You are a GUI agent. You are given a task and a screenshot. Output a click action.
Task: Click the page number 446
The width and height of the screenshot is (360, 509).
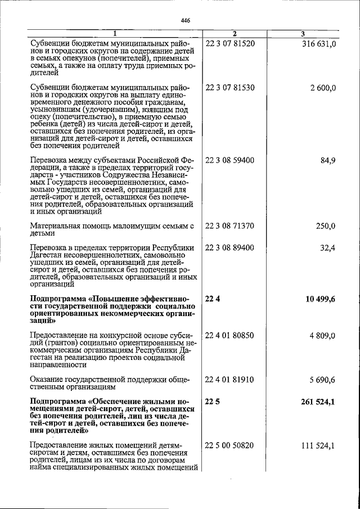(186, 21)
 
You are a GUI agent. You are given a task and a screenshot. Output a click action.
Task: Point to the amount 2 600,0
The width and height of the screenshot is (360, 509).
(322, 88)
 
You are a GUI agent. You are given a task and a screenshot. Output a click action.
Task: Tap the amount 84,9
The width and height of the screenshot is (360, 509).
(327, 160)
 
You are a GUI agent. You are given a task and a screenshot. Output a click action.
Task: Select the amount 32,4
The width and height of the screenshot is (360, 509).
(327, 247)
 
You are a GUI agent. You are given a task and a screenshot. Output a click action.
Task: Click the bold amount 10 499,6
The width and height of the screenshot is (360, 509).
(320, 299)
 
